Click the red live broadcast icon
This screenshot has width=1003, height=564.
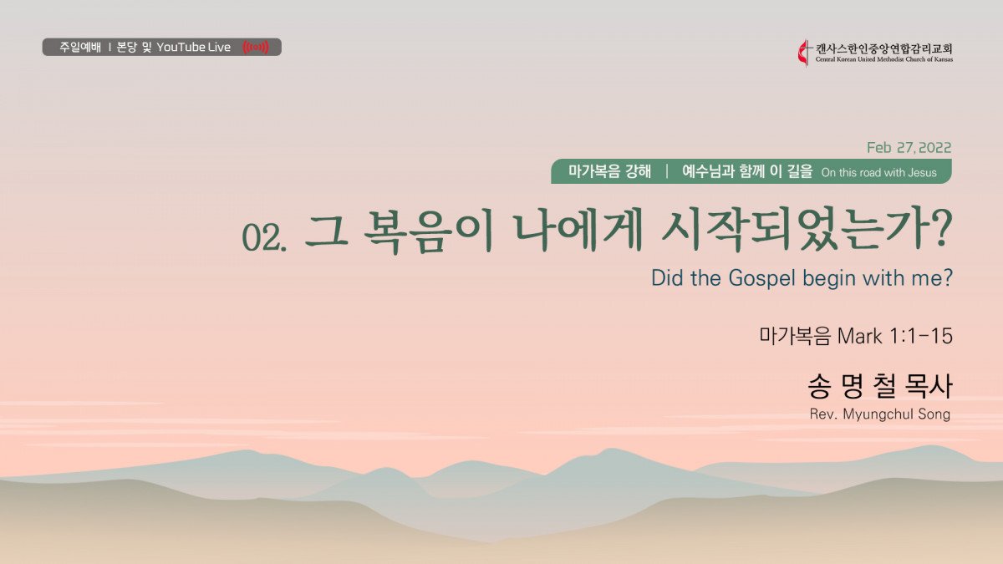pos(256,47)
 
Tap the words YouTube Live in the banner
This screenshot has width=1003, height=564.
pos(193,47)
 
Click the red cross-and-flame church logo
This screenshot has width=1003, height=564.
pos(805,53)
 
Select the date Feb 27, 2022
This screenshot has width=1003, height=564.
pos(909,148)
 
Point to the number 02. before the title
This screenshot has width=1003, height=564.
pos(264,237)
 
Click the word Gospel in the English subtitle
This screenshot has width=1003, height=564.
pos(762,278)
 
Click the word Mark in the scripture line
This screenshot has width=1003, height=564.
pos(859,336)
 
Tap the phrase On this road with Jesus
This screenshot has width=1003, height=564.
pos(879,173)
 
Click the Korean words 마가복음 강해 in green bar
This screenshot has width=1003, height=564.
pos(610,171)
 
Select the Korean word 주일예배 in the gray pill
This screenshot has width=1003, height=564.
pos(80,47)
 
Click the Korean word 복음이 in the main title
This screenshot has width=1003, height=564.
pos(428,233)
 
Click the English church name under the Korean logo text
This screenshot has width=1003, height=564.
pos(884,59)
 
